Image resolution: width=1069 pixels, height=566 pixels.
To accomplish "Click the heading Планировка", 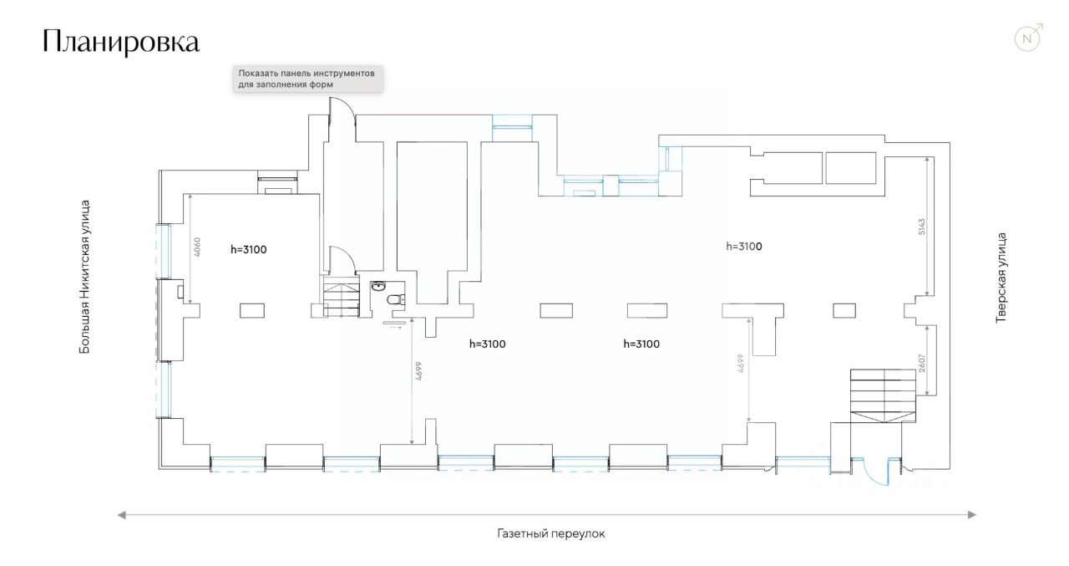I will click(x=121, y=42).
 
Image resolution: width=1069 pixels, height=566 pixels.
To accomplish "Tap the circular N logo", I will click(x=1028, y=38).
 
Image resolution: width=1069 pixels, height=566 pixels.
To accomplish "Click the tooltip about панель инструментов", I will click(x=307, y=79).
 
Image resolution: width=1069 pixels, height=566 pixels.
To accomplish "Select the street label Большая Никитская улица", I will click(x=84, y=276).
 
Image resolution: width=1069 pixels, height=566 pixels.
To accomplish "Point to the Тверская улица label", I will click(x=1001, y=278).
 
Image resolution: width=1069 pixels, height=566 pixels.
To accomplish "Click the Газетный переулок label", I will click(x=550, y=533).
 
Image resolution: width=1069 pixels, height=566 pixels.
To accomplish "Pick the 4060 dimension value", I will click(x=197, y=247).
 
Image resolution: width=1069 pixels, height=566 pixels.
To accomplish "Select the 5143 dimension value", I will click(x=922, y=227).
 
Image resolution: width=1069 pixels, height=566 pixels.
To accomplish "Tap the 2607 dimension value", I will click(x=922, y=362).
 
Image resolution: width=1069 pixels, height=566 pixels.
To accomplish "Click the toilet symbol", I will click(x=395, y=299).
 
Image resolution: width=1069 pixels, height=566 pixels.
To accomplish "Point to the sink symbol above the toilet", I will click(x=379, y=286).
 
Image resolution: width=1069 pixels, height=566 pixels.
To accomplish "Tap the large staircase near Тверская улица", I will click(x=883, y=395).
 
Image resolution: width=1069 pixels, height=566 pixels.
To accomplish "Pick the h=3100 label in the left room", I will click(x=248, y=249).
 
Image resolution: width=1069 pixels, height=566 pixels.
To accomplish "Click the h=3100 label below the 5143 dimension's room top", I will click(x=743, y=247).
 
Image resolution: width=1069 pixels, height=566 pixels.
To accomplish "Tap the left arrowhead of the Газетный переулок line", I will click(x=122, y=515).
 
